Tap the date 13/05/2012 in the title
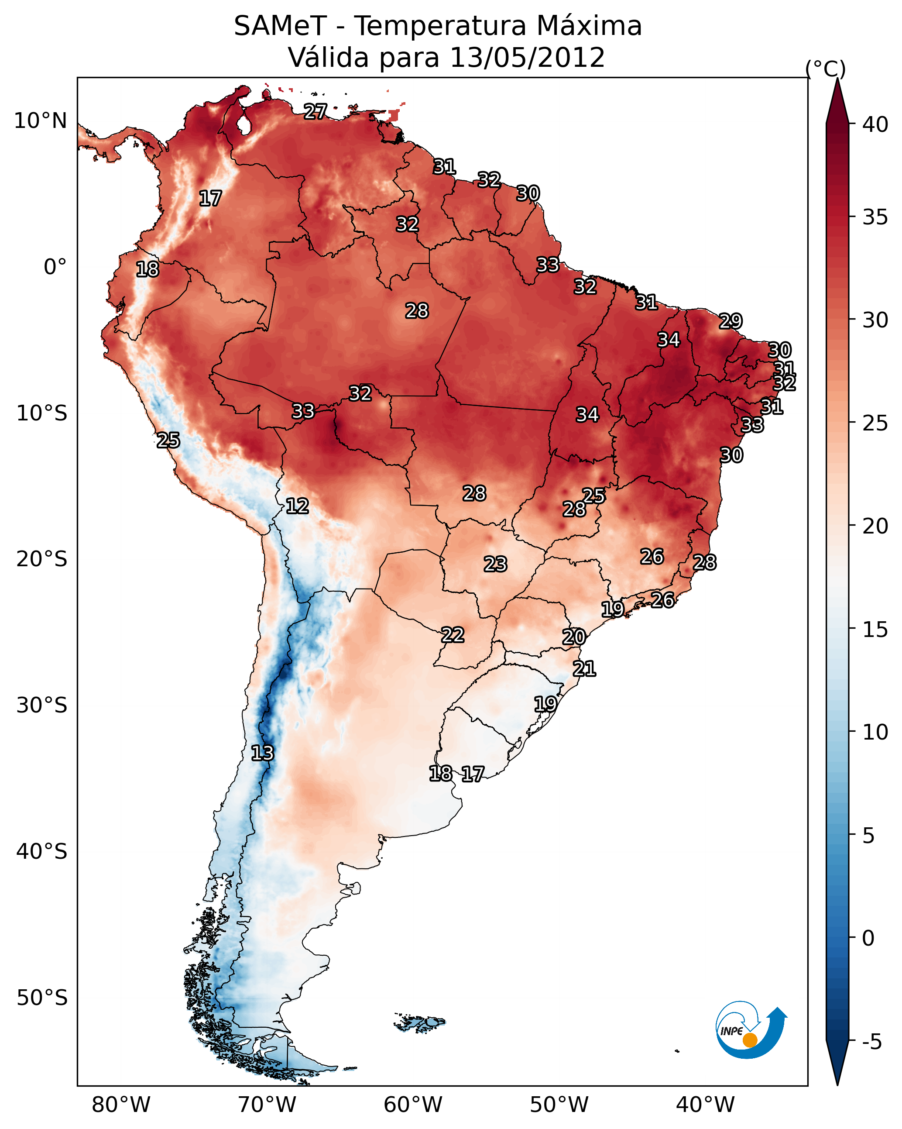pos(527,57)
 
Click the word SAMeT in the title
pos(280,26)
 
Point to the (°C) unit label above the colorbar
pos(826,69)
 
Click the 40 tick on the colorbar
pos(875,124)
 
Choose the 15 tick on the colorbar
pos(875,629)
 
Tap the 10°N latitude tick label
pos(40,121)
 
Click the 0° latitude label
pos(55,267)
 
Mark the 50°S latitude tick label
pos(42,998)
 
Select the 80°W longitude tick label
pos(121,1105)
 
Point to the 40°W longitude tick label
pos(705,1105)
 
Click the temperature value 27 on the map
pos(316,111)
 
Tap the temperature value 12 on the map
pos(297,506)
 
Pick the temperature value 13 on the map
pos(262,753)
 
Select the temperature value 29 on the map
pos(731,320)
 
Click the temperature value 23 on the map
pos(495,564)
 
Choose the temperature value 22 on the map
pos(453,635)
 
